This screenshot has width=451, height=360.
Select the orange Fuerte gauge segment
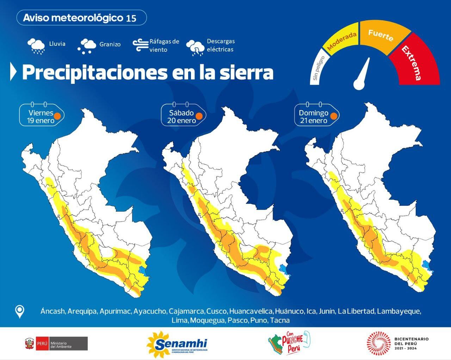[x=382, y=37]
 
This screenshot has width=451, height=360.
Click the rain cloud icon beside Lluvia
[x=36, y=46]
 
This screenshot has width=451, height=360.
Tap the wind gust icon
[x=140, y=45]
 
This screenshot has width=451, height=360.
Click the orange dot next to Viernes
[x=57, y=116]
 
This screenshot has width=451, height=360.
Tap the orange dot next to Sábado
[x=199, y=116]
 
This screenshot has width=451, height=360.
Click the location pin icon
[x=20, y=311]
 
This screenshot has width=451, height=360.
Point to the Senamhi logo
[x=177, y=343]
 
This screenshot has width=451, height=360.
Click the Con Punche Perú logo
[x=289, y=343]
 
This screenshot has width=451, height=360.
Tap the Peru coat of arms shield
[x=29, y=343]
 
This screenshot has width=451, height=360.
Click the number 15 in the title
[x=131, y=18]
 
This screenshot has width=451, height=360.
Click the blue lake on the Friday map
[x=143, y=271]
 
